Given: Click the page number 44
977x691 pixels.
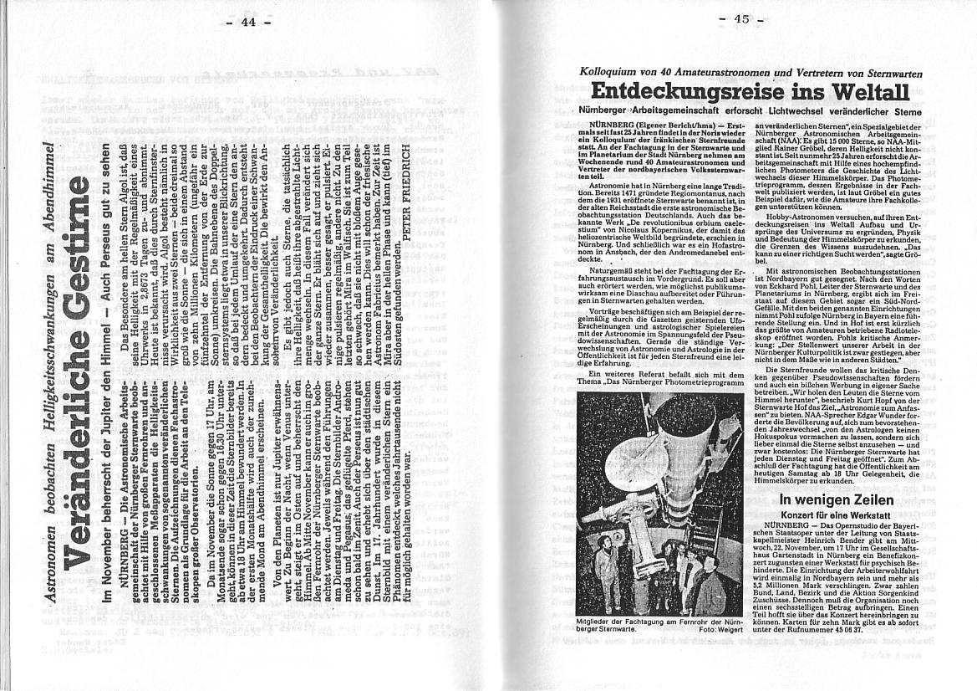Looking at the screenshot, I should pyautogui.click(x=248, y=23).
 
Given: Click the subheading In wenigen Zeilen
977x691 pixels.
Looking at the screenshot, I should pyautogui.click(x=824, y=500).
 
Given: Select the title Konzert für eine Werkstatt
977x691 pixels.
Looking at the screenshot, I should pyautogui.click(x=824, y=515).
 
